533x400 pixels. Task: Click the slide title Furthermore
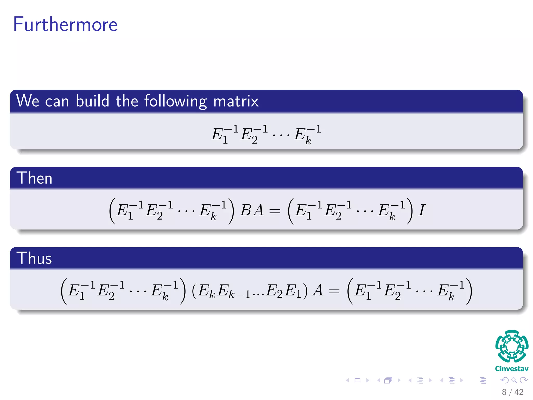pos(65,24)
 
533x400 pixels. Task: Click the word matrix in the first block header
pos(236,101)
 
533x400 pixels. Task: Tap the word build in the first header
pos(92,101)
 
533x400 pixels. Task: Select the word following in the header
pos(176,102)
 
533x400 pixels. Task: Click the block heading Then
pos(34,178)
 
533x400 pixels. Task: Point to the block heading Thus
pos(34,258)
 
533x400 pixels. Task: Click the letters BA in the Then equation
pos(252,210)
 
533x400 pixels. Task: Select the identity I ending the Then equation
pos(422,210)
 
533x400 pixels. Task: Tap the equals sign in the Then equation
pos(275,211)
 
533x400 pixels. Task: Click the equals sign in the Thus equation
pos(334,291)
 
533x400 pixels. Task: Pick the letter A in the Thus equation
pos(318,290)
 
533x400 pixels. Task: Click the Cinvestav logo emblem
pos(512,346)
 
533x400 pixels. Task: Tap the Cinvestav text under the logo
pos(512,369)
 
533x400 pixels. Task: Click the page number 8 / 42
pos(512,392)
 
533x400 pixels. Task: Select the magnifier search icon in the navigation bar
pos(514,380)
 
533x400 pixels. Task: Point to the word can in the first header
pos(57,102)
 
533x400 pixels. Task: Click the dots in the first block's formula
pos(281,135)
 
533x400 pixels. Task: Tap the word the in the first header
pos(127,101)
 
